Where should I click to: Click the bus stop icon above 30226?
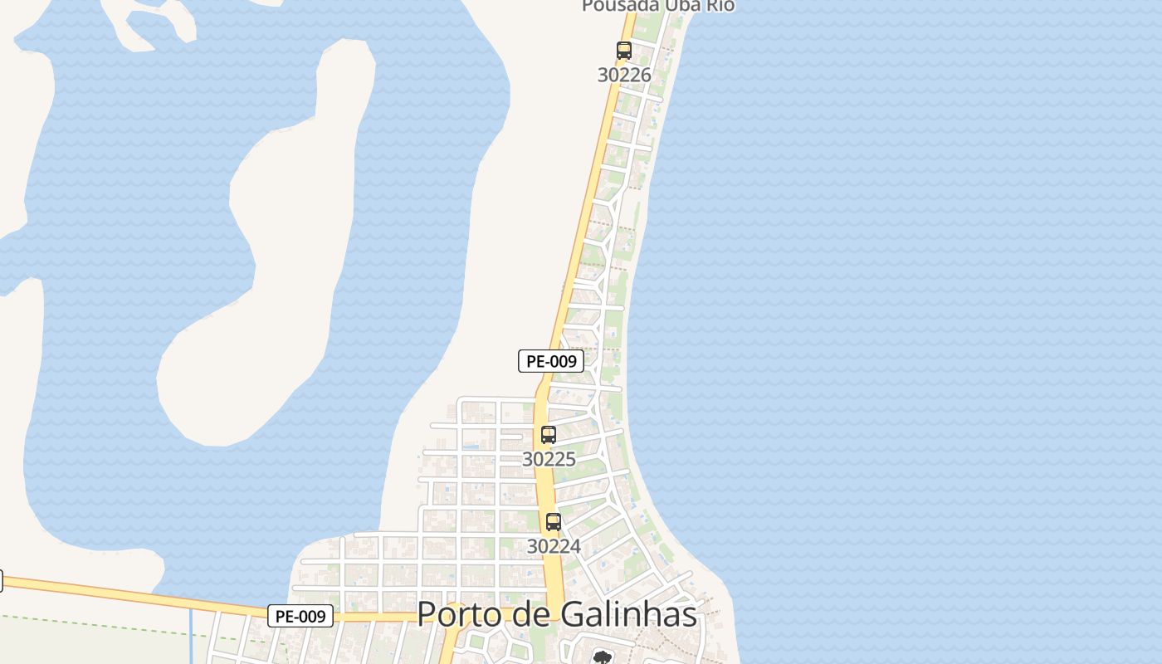tap(624, 51)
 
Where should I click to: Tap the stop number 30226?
tap(624, 75)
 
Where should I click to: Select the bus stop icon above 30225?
tap(549, 435)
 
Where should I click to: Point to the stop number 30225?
tap(549, 459)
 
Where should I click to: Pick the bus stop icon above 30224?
tap(554, 522)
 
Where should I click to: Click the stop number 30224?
tap(554, 546)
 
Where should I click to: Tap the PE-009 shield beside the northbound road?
tap(551, 361)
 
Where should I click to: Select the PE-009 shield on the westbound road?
tap(300, 616)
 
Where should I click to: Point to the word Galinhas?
tap(628, 615)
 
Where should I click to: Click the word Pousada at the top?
tap(613, 5)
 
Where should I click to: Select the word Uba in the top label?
tap(676, 5)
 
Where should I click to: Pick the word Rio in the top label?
tap(719, 5)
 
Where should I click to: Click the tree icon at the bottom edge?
tap(602, 658)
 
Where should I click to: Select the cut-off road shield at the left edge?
tap(1, 580)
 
